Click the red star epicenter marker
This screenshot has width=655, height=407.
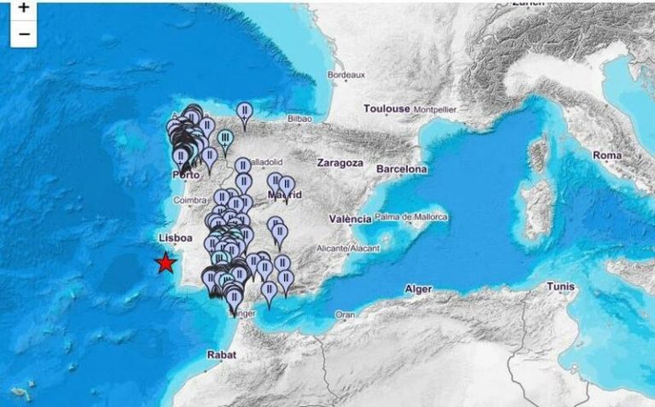pos(165,263)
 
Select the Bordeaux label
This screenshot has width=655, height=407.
pos(346,75)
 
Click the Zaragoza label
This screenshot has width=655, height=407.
pos(339,162)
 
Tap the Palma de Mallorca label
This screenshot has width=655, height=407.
pos(411,218)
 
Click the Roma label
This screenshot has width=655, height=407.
pos(607,155)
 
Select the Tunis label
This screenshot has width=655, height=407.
pos(560,286)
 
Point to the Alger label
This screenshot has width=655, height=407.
pos(418,289)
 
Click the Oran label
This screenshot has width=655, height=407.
pos(345,314)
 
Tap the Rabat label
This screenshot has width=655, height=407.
pos(220,354)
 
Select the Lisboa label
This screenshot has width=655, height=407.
pos(175,239)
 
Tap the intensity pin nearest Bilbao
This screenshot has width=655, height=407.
pos(245,113)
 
